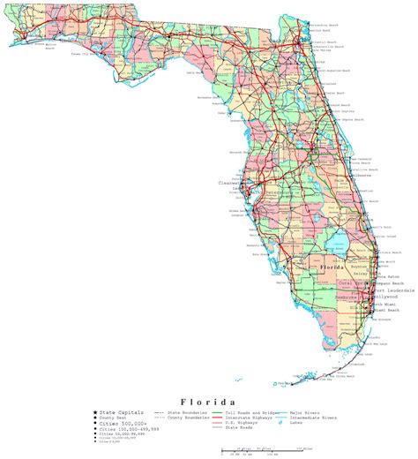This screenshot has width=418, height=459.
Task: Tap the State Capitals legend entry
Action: coord(119,412)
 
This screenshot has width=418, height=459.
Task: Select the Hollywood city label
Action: coord(387,297)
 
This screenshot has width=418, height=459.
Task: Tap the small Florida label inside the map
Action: coord(333,266)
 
